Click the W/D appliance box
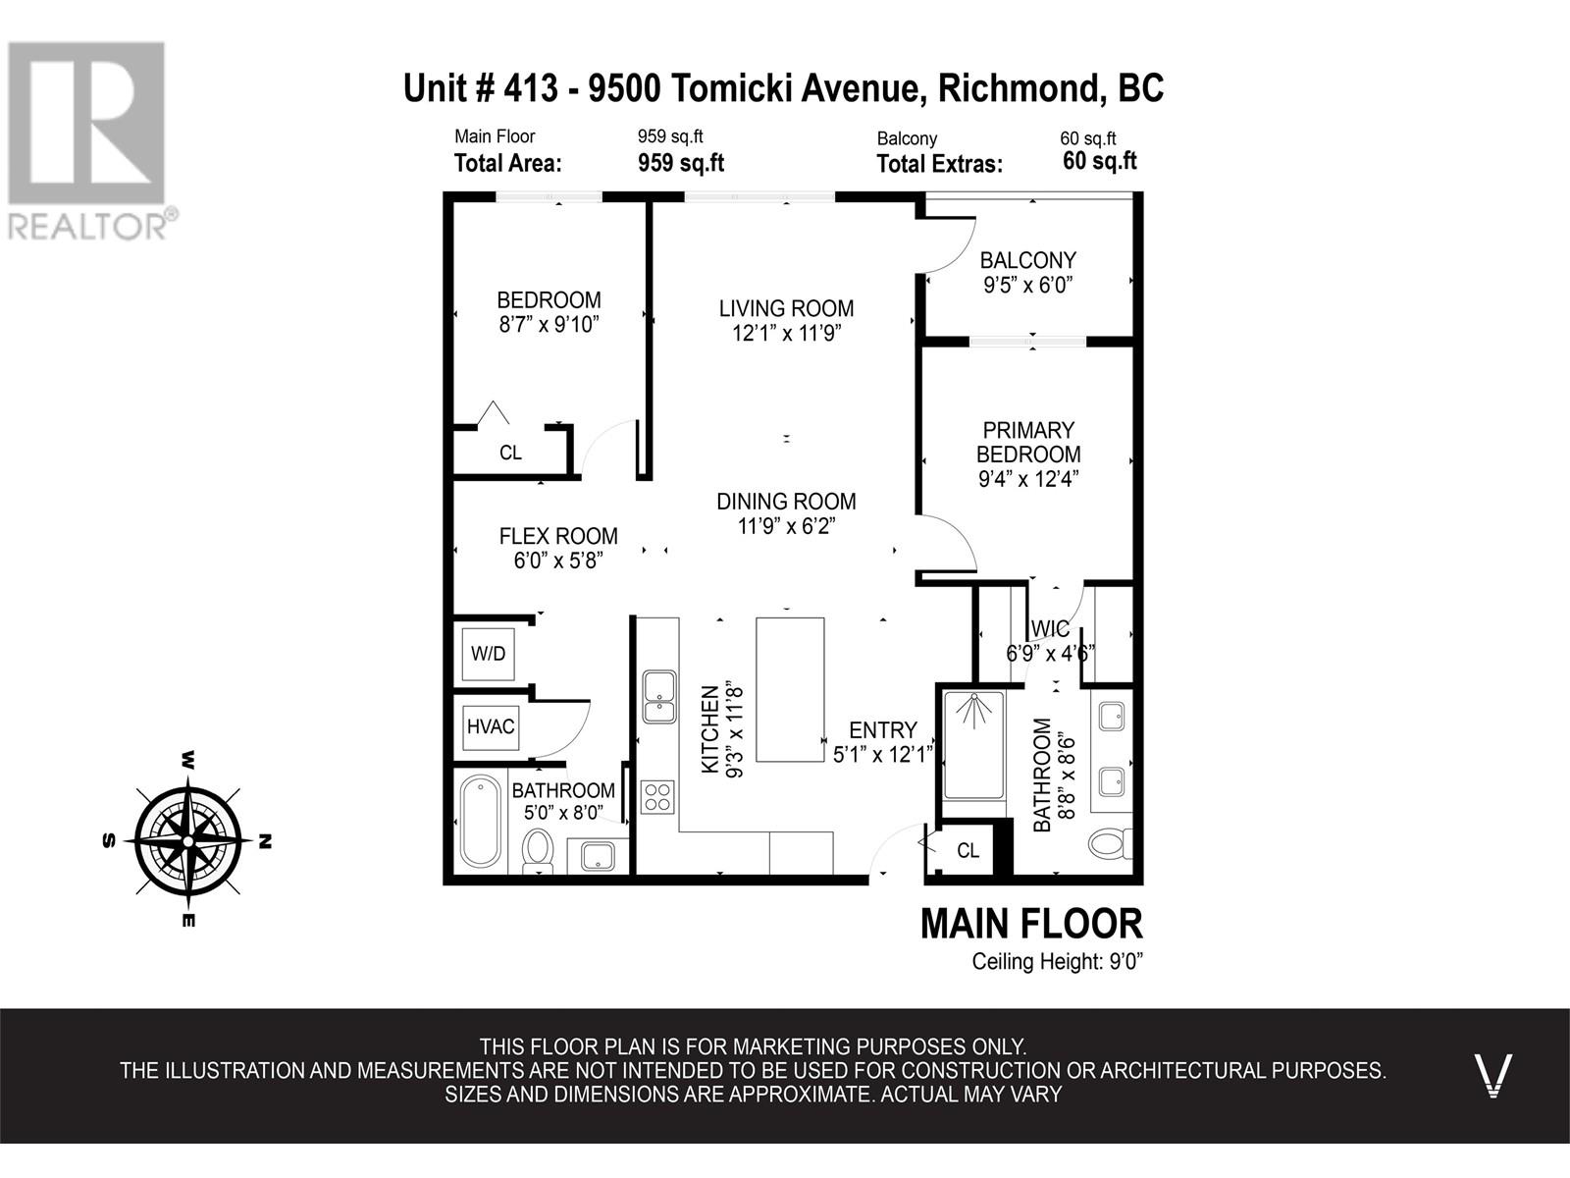coord(488,654)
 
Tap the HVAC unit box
coord(491,726)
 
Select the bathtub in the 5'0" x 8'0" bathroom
coord(480,821)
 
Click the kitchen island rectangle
coord(790,689)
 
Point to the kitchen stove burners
coord(657,797)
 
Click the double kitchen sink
coord(659,697)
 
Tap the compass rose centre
coord(188,841)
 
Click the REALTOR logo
coord(88,139)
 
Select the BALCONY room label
coord(1027,260)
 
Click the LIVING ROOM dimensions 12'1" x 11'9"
coord(786,334)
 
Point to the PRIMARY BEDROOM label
coord(1028,442)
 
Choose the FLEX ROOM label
coord(558,536)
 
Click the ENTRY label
coord(882,730)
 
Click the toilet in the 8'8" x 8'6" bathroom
coord(1111,844)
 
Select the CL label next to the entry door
coord(968,850)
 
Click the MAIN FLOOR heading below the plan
coord(1031,924)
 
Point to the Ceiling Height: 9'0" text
coord(1057,961)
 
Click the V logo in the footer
coord(1493,1075)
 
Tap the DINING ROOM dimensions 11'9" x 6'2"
coord(786,526)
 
